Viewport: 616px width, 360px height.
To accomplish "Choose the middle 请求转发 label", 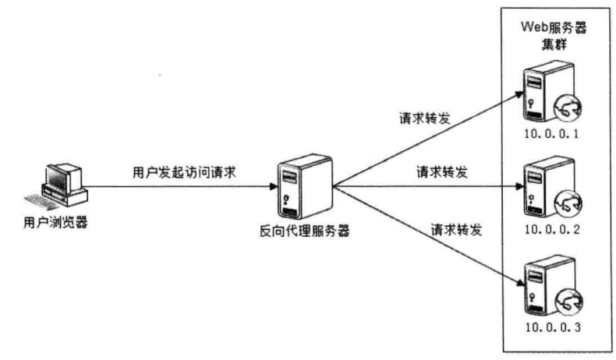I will coord(441,171).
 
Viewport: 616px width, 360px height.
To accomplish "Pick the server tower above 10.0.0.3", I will coord(537,284).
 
